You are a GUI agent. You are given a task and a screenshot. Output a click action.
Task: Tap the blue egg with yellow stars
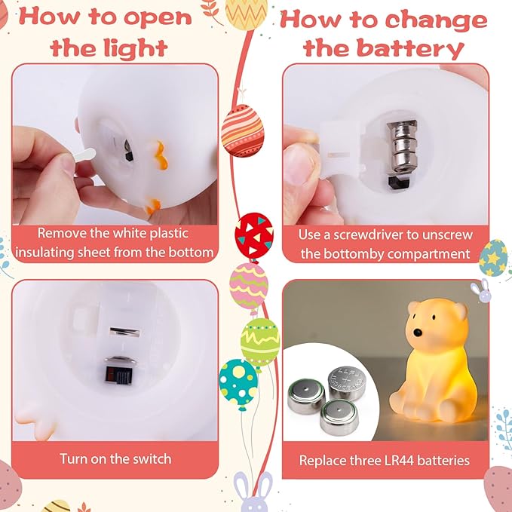point(493,258)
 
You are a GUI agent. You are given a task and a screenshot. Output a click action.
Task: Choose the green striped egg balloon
point(260,342)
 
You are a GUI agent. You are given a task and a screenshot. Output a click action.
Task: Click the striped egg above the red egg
point(242,129)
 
